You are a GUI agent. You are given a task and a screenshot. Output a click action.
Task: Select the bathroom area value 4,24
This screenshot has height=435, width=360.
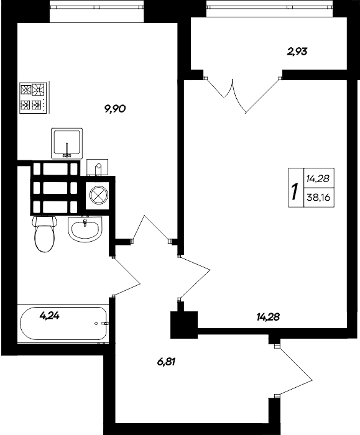coord(50,315)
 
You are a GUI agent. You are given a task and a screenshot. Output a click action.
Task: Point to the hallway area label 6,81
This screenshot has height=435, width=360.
coord(166,361)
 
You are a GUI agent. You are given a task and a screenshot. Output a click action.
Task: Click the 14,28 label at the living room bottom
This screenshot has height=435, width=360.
coord(268,317)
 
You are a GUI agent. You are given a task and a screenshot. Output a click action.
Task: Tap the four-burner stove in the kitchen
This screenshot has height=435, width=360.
coord(33,98)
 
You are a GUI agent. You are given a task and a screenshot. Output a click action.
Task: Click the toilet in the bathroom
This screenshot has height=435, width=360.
coord(44,235)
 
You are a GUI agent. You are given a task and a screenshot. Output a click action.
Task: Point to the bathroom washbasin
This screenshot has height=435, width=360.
coord(84,231)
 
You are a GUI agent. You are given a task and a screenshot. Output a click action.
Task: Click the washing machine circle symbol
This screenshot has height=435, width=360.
coord(98,195)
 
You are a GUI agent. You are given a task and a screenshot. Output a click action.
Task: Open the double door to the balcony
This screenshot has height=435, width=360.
coord(241,94)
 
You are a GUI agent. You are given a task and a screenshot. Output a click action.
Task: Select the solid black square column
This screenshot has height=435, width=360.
coord(183,323)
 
